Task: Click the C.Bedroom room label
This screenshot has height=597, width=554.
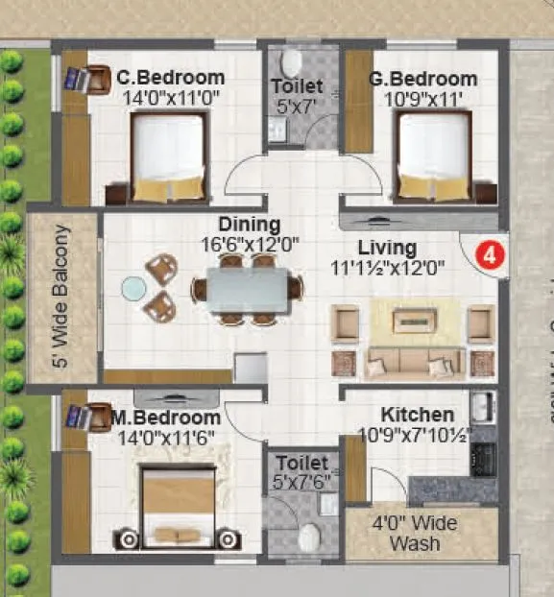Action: pyautogui.click(x=171, y=78)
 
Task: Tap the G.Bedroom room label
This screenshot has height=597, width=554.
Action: pyautogui.click(x=422, y=79)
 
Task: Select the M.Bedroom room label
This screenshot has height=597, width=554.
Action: pyautogui.click(x=165, y=418)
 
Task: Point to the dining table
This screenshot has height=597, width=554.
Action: pyautogui.click(x=246, y=289)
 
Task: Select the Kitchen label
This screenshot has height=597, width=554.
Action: pyautogui.click(x=417, y=415)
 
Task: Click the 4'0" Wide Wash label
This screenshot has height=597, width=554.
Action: pyautogui.click(x=415, y=534)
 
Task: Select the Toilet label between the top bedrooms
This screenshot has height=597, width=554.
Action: pyautogui.click(x=296, y=86)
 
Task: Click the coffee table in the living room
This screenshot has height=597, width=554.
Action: pyautogui.click(x=413, y=320)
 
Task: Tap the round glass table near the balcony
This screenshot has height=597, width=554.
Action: pyautogui.click(x=132, y=287)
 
